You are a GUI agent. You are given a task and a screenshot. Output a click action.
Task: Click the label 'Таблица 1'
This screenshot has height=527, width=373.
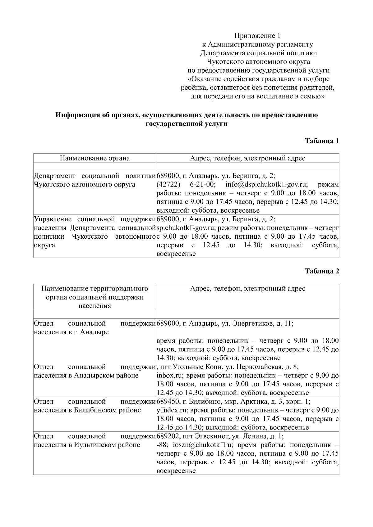click(322, 141)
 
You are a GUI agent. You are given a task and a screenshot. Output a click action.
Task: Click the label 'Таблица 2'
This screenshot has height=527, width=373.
click(322, 271)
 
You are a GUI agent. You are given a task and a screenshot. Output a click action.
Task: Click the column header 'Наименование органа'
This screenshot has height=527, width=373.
click(95, 158)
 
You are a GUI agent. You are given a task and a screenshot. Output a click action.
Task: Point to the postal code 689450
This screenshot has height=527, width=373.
click(167, 402)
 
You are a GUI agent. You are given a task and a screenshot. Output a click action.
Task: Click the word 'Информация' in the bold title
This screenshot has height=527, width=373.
click(76, 115)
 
